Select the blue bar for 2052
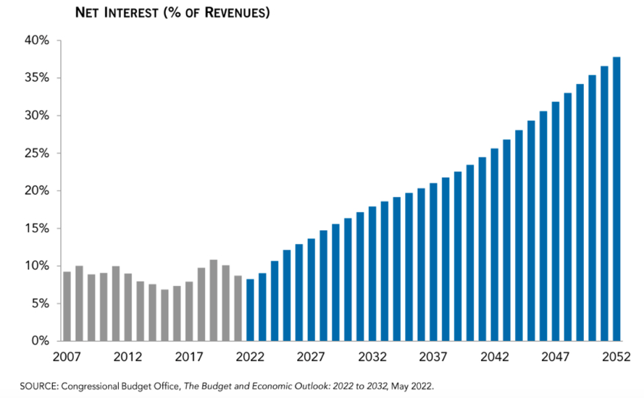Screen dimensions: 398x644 (616, 199)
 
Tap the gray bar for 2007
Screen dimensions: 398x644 (67, 306)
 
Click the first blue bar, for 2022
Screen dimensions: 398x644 (250, 310)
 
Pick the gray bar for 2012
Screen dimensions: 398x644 (128, 307)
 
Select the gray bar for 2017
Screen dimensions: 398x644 (189, 311)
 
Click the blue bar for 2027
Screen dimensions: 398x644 (311, 289)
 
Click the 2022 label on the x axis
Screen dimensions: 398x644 (250, 357)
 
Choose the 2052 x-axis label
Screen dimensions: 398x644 (616, 357)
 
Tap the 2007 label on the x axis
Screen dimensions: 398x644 (67, 357)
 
